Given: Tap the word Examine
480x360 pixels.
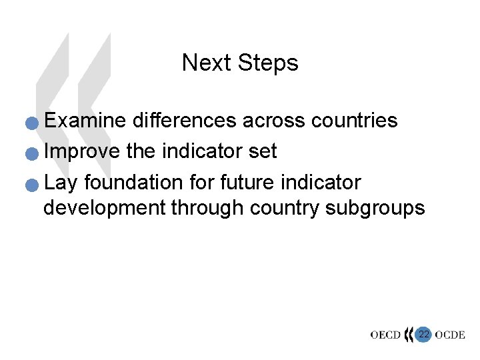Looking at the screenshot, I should (x=85, y=121).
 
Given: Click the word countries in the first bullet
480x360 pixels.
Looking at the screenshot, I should (x=353, y=121).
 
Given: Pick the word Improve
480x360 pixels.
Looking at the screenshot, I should (x=81, y=151).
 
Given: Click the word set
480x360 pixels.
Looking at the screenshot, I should (x=262, y=151).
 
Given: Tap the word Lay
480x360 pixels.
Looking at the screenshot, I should (x=61, y=183).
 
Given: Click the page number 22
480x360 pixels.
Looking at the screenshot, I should (x=423, y=334).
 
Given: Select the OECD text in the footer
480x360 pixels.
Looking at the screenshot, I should (x=385, y=335).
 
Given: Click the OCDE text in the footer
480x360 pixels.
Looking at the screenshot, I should (x=449, y=335).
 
